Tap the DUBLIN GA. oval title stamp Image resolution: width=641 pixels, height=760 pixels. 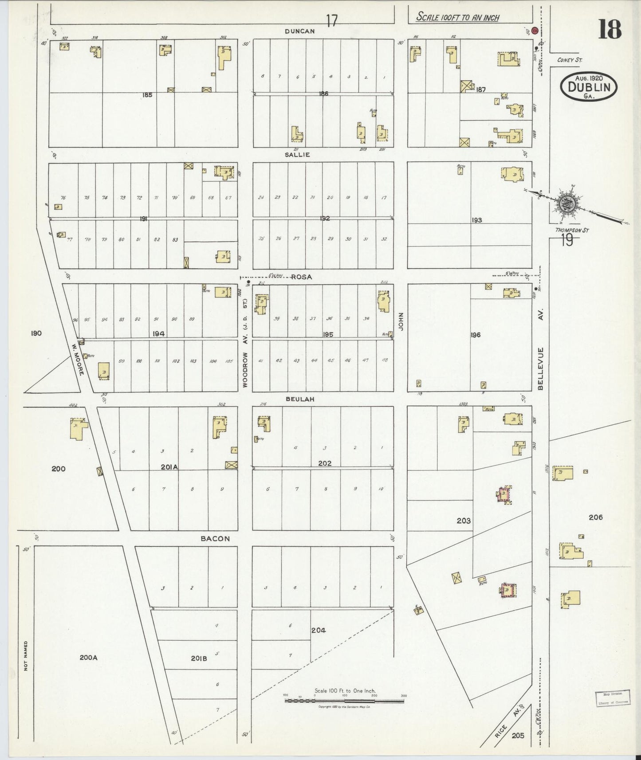click(x=589, y=87)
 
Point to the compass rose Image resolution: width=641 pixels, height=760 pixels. click(x=567, y=204)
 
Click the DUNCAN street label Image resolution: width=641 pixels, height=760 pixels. click(x=300, y=31)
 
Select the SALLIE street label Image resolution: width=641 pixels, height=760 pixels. click(x=297, y=155)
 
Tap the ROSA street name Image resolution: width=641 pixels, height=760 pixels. click(x=301, y=277)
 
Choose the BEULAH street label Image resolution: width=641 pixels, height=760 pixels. click(x=300, y=399)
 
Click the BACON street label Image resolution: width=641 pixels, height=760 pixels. click(x=215, y=538)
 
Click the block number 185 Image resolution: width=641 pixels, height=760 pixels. click(x=147, y=94)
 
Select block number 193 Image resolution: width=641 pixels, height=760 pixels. click(x=477, y=220)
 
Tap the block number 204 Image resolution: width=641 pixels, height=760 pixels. click(x=318, y=630)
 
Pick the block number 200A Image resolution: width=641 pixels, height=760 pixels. click(x=88, y=658)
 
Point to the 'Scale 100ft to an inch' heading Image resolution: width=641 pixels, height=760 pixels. click(x=457, y=17)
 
